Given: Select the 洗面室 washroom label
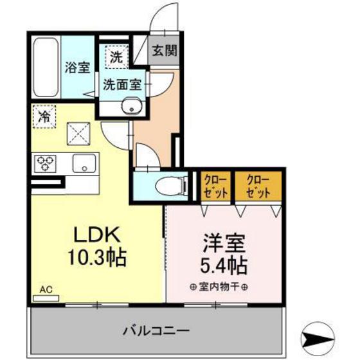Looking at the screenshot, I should [122, 83].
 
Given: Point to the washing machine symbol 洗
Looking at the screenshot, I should [115, 56].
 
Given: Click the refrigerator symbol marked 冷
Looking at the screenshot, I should [44, 117].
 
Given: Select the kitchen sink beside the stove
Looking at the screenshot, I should [84, 163].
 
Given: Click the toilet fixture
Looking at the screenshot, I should [171, 184].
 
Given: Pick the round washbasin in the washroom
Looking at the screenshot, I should [134, 107].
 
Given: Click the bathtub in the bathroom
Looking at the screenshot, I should [44, 67].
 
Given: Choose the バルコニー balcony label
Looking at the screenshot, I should [156, 330].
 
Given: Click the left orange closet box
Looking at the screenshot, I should [215, 186].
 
